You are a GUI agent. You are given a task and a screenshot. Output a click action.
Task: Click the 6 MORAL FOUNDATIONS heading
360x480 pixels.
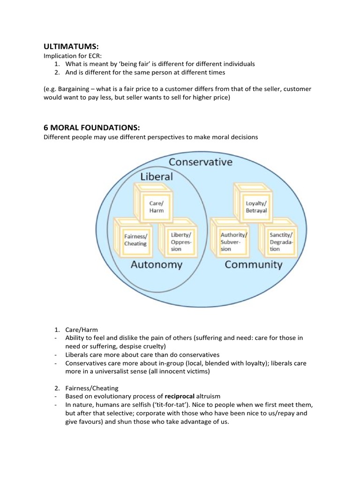click(92, 128)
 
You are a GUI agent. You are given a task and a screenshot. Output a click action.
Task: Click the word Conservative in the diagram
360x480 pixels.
click(201, 162)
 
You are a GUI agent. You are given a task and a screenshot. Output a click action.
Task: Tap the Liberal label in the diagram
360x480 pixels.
click(157, 176)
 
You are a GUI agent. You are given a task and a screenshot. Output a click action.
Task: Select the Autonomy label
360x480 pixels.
click(156, 265)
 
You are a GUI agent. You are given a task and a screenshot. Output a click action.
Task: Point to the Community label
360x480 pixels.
click(254, 265)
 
